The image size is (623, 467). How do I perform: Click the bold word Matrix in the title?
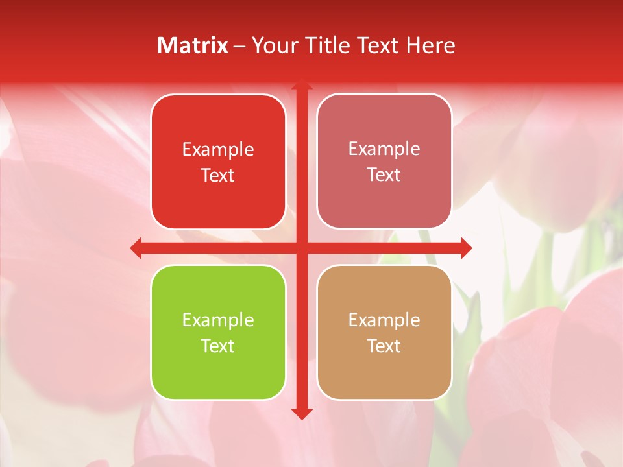coord(193,45)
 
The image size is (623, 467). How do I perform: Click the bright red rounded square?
coord(218,162)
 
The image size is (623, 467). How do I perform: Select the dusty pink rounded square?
coord(384,162)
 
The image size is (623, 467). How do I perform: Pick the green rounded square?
coord(218,332)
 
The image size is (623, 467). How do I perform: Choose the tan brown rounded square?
coord(384,332)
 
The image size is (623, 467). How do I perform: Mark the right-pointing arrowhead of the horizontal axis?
coord(465,247)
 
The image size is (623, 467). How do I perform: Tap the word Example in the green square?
coord(218,320)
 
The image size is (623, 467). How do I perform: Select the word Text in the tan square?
coord(384,346)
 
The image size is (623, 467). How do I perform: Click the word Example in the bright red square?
coord(218,150)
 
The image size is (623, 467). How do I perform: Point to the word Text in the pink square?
coord(384,175)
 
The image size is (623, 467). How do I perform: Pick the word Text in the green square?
coord(218,346)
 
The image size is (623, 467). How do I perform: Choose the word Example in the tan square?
coord(384,320)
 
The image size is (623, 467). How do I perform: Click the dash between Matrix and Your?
coord(239,46)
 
